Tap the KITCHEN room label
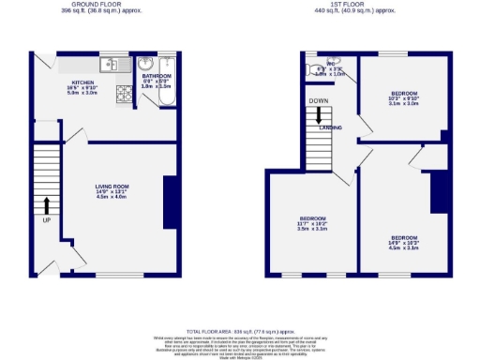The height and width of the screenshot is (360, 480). click(72, 82)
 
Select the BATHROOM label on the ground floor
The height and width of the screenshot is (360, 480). click(157, 77)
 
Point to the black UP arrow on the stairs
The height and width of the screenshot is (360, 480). click(45, 205)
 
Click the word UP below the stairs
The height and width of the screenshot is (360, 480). click(45, 222)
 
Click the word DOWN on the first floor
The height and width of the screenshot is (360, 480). click(320, 100)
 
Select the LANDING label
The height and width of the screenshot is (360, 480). click(331, 127)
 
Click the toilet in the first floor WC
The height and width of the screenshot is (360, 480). click(312, 68)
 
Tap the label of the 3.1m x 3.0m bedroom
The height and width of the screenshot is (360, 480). click(403, 97)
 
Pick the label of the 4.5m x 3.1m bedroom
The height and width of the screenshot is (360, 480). click(404, 242)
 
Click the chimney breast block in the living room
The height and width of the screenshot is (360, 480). click(171, 202)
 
